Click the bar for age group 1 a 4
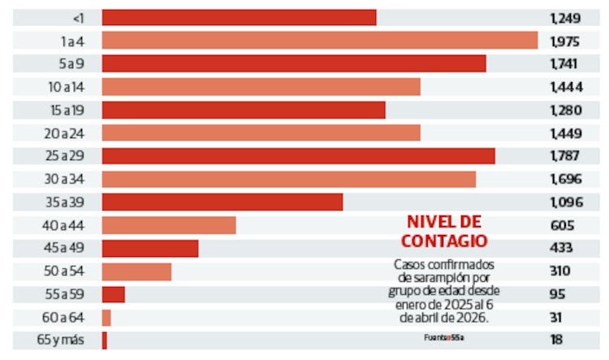[x=319, y=41]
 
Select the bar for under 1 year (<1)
[x=239, y=17]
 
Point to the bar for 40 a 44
[x=168, y=225]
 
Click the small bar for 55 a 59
[x=113, y=294]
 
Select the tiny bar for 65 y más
[x=104, y=340]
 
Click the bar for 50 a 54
[x=136, y=271]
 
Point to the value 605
[x=561, y=225]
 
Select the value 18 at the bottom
[x=556, y=340]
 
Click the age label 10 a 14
[x=66, y=87]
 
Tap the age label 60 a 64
[x=66, y=318]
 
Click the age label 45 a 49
[x=66, y=248]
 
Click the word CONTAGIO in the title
[x=444, y=241]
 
